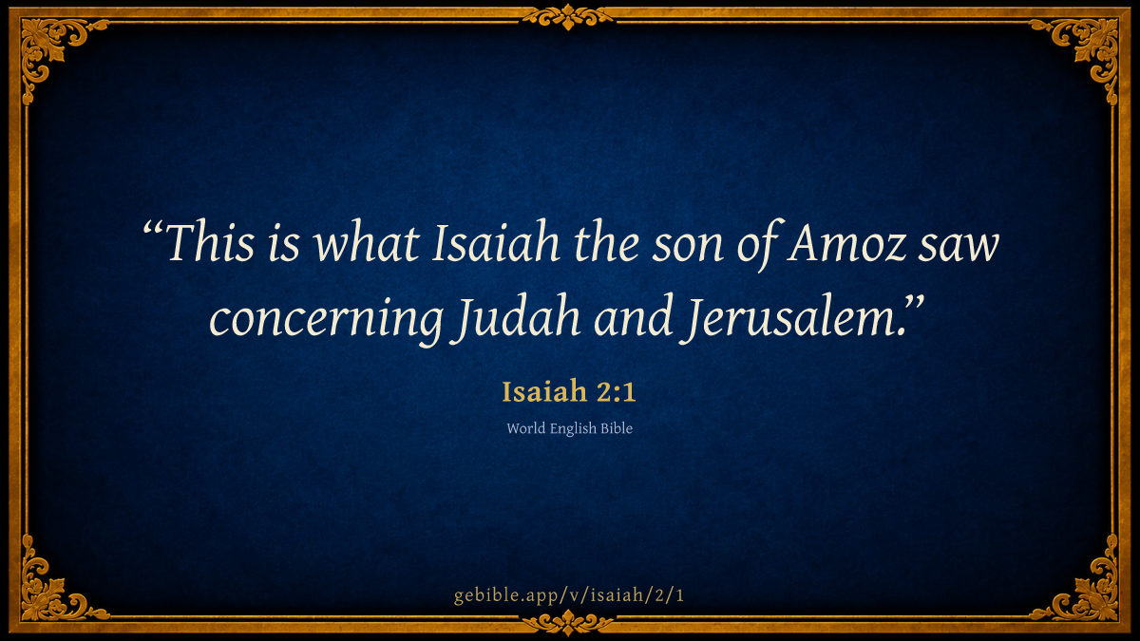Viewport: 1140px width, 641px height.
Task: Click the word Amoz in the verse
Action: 845,243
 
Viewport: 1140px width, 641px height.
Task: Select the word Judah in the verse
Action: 518,318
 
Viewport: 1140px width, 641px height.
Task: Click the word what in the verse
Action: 366,242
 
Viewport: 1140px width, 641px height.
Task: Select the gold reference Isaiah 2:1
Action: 569,391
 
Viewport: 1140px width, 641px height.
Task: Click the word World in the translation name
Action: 525,428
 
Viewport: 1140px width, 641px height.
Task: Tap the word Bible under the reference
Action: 617,428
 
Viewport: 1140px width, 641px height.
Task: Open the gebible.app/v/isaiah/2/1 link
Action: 569,595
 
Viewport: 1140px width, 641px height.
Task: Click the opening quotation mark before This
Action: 152,227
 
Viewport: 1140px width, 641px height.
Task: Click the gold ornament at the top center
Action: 568,17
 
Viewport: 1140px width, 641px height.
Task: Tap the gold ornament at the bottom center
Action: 568,622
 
